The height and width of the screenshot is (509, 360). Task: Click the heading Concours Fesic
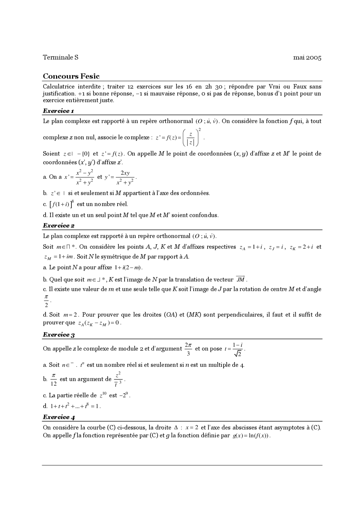pyautogui.click(x=71, y=76)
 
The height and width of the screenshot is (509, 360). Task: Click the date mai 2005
pyautogui.click(x=307, y=58)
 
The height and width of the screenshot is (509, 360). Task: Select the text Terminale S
pyautogui.click(x=60, y=57)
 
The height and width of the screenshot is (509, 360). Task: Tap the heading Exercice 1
pyautogui.click(x=58, y=111)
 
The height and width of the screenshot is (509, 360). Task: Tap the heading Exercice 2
pyautogui.click(x=58, y=225)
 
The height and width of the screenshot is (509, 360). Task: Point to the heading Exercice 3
pyautogui.click(x=58, y=334)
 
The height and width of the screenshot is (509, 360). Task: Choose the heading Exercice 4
pyautogui.click(x=58, y=417)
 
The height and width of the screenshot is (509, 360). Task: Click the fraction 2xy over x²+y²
pyautogui.click(x=125, y=178)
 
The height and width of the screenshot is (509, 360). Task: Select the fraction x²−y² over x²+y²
pyautogui.click(x=84, y=178)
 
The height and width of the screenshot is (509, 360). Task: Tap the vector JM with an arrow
pyautogui.click(x=240, y=279)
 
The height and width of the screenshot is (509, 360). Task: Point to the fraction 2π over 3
pyautogui.click(x=188, y=349)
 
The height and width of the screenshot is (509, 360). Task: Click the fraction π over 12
pyautogui.click(x=54, y=380)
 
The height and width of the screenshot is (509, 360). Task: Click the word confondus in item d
pyautogui.click(x=204, y=215)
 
